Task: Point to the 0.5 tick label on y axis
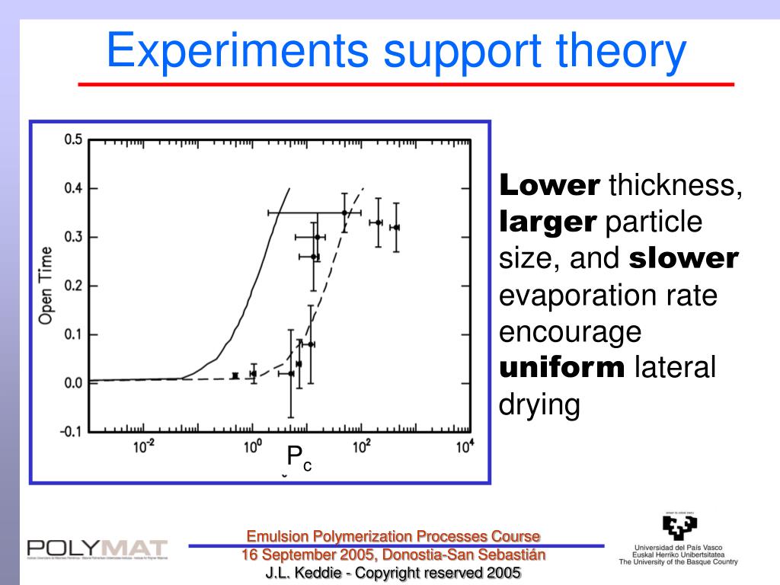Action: click(72, 139)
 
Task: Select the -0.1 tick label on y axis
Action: click(70, 432)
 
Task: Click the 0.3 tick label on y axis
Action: click(72, 237)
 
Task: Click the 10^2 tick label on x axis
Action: click(360, 448)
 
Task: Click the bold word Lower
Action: click(549, 185)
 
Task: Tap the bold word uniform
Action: click(561, 369)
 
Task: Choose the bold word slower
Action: click(683, 259)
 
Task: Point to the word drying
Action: click(539, 405)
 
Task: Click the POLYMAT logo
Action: click(97, 548)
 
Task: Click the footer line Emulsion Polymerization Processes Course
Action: click(393, 536)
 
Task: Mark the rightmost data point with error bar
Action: click(395, 227)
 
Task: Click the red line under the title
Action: click(406, 84)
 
